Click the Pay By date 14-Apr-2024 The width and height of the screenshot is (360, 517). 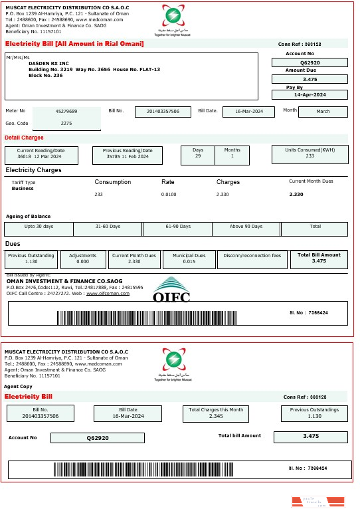pyautogui.click(x=310, y=95)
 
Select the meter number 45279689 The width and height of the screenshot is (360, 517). pyautogui.click(x=66, y=111)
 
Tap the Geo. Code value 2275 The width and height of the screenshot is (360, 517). pyautogui.click(x=66, y=123)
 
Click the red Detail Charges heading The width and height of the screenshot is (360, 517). pyautogui.click(x=24, y=138)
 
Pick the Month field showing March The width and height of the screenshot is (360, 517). pyautogui.click(x=323, y=111)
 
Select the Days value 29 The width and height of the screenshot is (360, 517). pyautogui.click(x=198, y=156)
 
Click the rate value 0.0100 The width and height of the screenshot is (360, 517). pyautogui.click(x=169, y=194)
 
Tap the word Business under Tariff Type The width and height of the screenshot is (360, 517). pyautogui.click(x=23, y=189)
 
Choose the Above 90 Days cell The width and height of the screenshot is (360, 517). pyautogui.click(x=246, y=227)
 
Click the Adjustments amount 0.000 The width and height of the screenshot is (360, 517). pyautogui.click(x=83, y=262)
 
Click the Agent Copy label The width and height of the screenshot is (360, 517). pyautogui.click(x=18, y=386)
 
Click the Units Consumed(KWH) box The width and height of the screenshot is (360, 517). pyautogui.click(x=310, y=154)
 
